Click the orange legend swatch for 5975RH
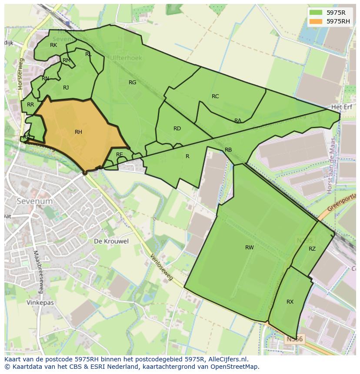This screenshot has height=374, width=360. (317, 21)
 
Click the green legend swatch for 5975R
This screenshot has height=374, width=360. (317, 13)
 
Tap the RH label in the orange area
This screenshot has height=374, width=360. (78, 132)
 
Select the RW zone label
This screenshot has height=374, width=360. (249, 248)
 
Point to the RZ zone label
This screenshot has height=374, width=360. (312, 249)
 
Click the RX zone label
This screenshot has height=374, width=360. (290, 302)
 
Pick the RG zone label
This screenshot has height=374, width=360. (132, 83)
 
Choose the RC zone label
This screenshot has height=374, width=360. (215, 96)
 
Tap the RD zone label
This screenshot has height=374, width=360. (177, 129)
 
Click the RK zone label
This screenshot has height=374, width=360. (53, 45)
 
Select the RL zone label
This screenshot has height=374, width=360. (88, 54)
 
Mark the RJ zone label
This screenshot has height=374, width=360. (66, 88)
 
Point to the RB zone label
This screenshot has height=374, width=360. (228, 150)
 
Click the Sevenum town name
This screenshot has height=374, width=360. (34, 201)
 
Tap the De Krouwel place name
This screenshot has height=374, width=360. (111, 241)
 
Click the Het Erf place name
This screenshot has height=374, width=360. (341, 106)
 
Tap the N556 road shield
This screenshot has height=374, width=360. (295, 339)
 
